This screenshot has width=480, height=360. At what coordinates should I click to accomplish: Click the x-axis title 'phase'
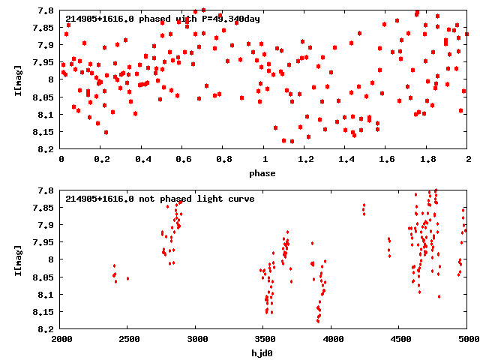[264, 173]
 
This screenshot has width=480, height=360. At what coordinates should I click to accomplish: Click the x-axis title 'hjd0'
[264, 353]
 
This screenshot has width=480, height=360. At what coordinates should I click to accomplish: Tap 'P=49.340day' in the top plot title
[229, 19]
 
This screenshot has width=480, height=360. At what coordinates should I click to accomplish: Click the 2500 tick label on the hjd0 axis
[128, 340]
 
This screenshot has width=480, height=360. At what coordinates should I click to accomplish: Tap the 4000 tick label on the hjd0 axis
[332, 340]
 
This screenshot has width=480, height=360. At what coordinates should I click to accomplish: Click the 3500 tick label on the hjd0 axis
[264, 340]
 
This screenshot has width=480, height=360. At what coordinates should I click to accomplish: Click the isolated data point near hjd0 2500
[127, 278]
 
